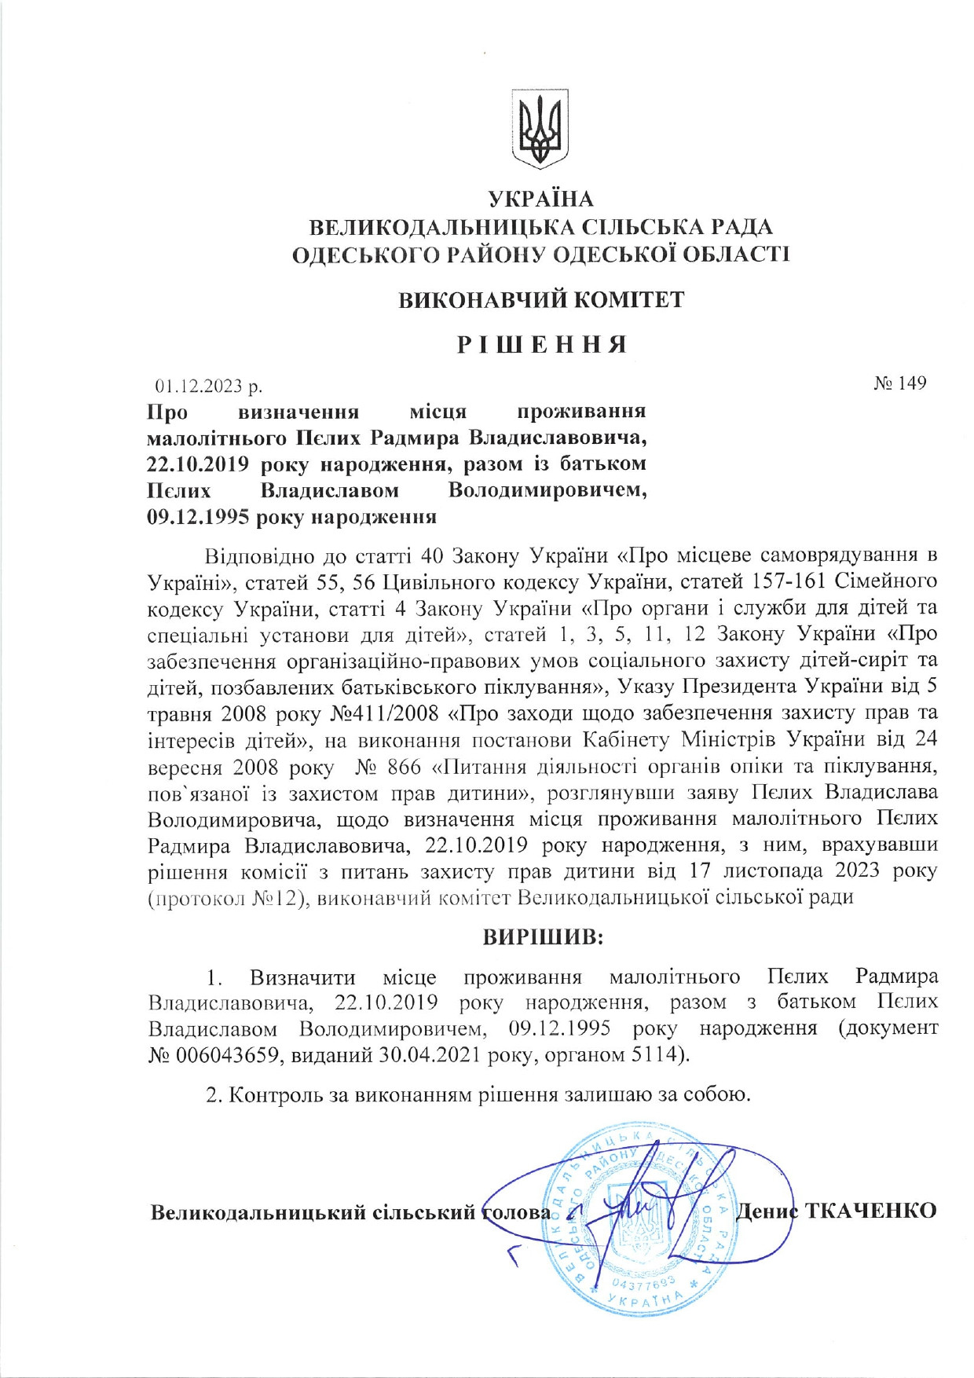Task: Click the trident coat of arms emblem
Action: click(x=540, y=128)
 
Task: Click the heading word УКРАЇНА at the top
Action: click(x=540, y=200)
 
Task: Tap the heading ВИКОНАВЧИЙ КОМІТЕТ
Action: click(x=541, y=299)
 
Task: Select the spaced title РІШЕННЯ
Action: click(x=541, y=344)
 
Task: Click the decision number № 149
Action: click(x=900, y=383)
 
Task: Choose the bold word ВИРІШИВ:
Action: click(x=542, y=937)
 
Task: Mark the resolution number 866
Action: click(x=404, y=766)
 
